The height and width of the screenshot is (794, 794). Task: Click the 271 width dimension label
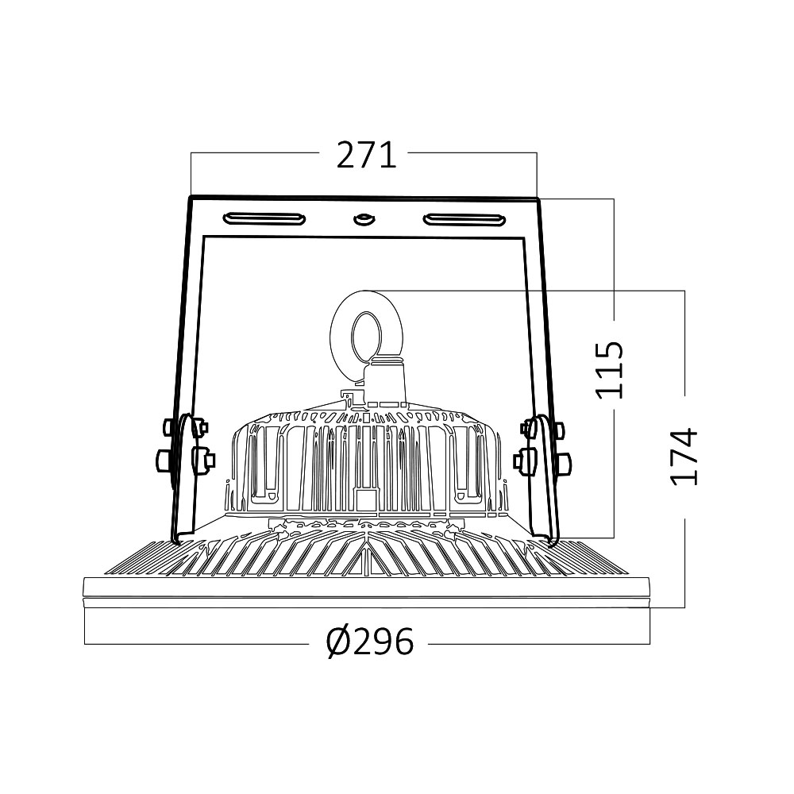tap(366, 156)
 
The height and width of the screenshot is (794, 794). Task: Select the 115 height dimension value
tap(610, 370)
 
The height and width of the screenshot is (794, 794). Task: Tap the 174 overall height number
tap(683, 457)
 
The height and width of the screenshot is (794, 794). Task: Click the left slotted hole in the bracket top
tap(263, 218)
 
